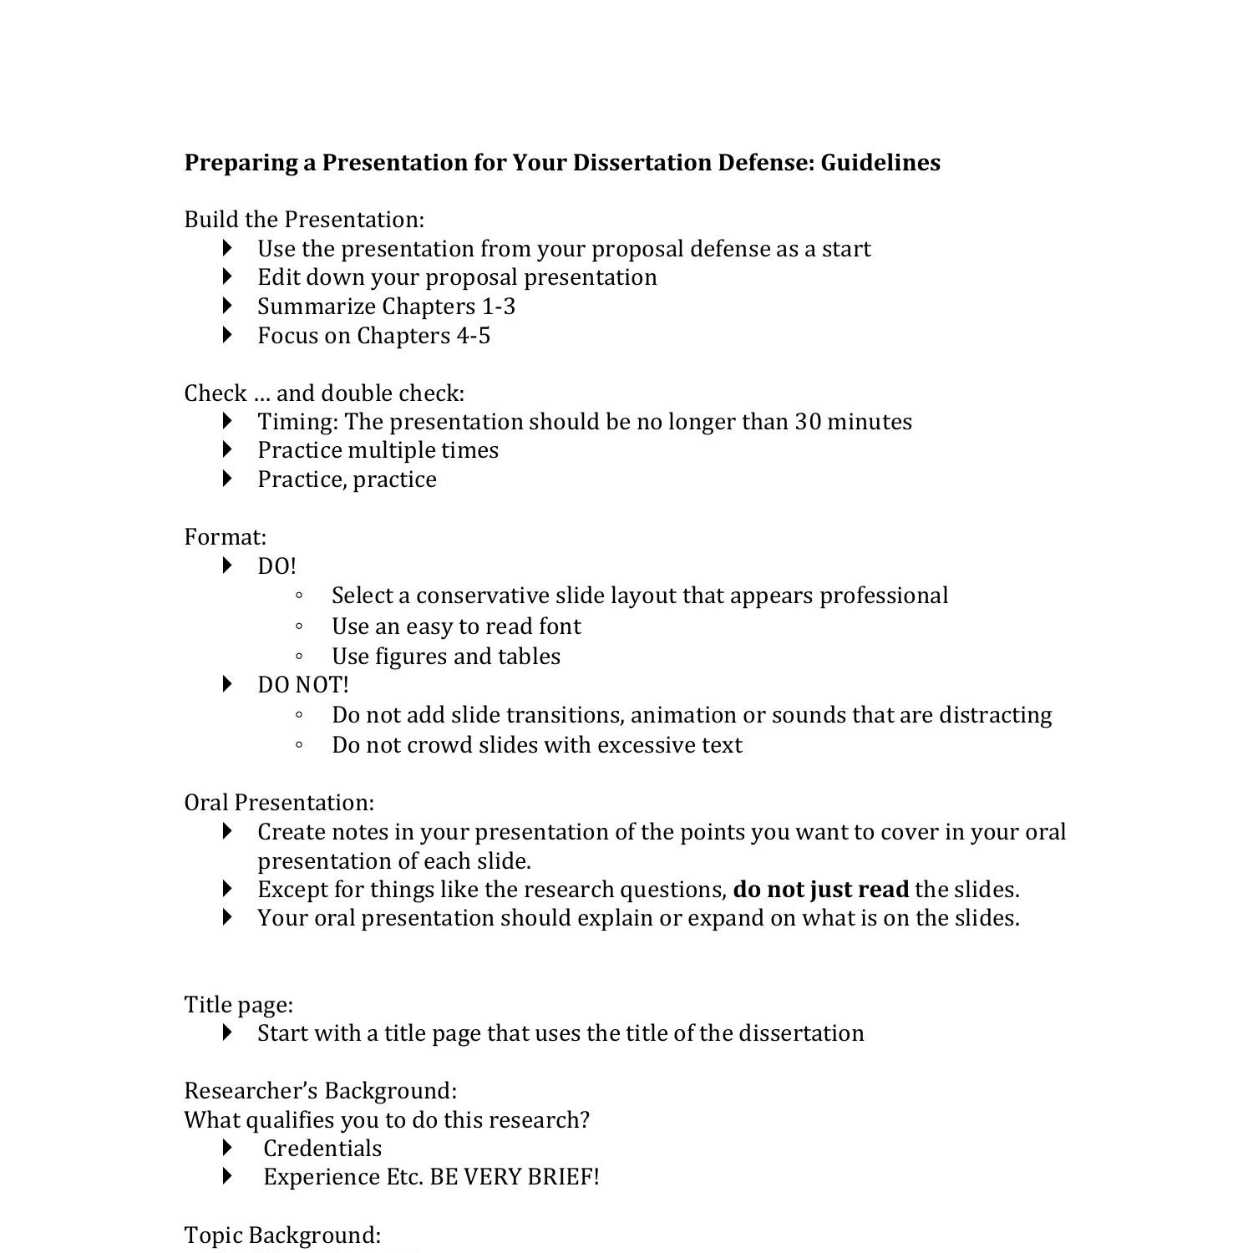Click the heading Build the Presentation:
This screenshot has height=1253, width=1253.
pyautogui.click(x=304, y=220)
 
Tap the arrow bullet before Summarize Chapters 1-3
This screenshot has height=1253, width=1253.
pyautogui.click(x=228, y=306)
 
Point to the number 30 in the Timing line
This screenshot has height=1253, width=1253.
pyautogui.click(x=808, y=421)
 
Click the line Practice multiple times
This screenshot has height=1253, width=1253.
pyautogui.click(x=378, y=450)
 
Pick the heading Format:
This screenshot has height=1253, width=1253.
pyautogui.click(x=225, y=537)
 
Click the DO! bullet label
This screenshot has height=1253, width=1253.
pyautogui.click(x=276, y=566)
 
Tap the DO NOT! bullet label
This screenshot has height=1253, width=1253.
pyautogui.click(x=302, y=685)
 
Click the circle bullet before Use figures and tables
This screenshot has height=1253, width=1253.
pyautogui.click(x=299, y=657)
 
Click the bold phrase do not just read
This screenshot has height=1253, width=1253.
pyautogui.click(x=820, y=890)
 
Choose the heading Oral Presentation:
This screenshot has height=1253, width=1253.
pyautogui.click(x=279, y=803)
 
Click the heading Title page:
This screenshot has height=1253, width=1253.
pyautogui.click(x=238, y=1004)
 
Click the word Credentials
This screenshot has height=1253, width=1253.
pyautogui.click(x=322, y=1149)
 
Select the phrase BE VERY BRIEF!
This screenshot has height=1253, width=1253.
pyautogui.click(x=515, y=1177)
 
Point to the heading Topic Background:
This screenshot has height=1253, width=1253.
pyautogui.click(x=282, y=1235)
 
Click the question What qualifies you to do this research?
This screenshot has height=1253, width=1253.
pyautogui.click(x=386, y=1120)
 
